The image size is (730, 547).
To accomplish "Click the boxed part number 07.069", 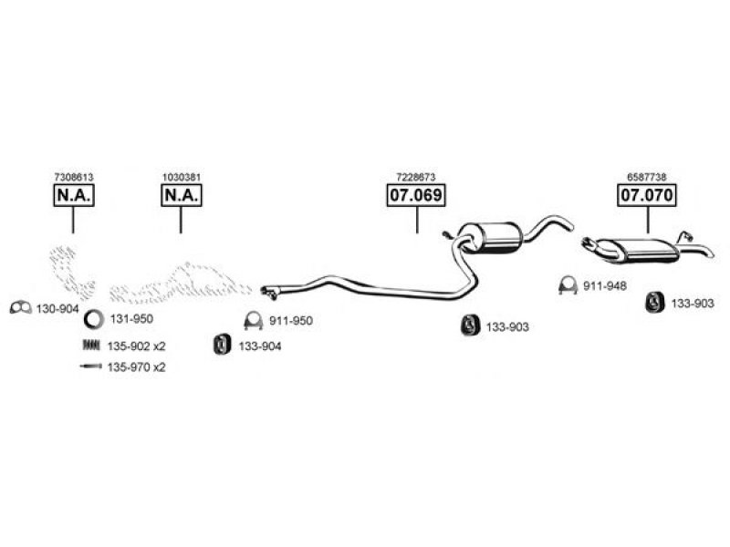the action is [416, 195].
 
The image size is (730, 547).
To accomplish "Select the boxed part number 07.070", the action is [647, 195].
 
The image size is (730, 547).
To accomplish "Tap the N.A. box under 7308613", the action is [74, 195].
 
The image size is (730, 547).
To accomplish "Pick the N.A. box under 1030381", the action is [181, 195].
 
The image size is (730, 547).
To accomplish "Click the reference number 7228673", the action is [416, 177].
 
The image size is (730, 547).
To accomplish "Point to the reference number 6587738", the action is [647, 177].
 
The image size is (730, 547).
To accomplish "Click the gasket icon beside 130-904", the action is [20, 307].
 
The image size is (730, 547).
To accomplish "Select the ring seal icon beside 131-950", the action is [94, 320].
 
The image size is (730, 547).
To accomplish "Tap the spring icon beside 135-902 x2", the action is [91, 346].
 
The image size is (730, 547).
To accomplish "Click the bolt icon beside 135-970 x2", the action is [90, 366].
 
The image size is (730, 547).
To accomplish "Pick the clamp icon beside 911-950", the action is [254, 320].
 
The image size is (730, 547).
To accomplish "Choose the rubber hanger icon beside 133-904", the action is [222, 345].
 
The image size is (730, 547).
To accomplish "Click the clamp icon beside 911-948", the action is [568, 284].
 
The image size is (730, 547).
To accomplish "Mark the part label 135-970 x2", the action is [136, 367].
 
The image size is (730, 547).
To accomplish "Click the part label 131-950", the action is [131, 319].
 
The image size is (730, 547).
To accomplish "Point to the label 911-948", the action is [605, 286].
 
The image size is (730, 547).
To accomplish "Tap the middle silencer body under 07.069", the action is [490, 238].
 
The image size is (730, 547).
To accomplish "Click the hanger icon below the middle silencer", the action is [470, 325].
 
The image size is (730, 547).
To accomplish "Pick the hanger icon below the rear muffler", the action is [654, 303].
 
